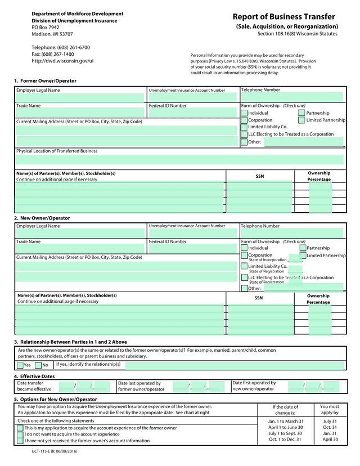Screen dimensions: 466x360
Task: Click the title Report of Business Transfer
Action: click(x=283, y=16)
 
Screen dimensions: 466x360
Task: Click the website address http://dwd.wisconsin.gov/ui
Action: click(x=62, y=61)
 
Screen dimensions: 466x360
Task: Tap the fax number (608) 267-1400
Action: click(x=53, y=54)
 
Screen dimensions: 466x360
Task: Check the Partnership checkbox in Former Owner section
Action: click(x=302, y=113)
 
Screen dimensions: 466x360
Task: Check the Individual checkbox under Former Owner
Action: click(x=244, y=113)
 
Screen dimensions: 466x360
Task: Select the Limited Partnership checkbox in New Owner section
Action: click(x=303, y=256)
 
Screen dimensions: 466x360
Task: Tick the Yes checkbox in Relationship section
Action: click(x=20, y=365)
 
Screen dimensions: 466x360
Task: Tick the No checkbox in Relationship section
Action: click(x=38, y=365)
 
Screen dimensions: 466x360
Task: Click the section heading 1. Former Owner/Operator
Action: click(x=45, y=81)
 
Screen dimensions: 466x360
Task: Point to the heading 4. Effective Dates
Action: click(x=34, y=376)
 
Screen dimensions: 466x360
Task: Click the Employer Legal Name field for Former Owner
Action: click(x=80, y=98)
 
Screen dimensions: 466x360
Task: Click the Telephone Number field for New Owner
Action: click(x=291, y=234)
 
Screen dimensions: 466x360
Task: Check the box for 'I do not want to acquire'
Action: click(x=20, y=434)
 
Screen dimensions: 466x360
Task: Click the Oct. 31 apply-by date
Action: click(x=330, y=427)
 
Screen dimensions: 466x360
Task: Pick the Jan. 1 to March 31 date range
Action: click(x=286, y=421)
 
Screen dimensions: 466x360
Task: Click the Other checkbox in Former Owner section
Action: click(x=244, y=142)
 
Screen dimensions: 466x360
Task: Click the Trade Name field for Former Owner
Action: click(x=80, y=113)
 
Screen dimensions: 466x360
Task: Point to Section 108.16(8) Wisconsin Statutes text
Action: click(x=298, y=34)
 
